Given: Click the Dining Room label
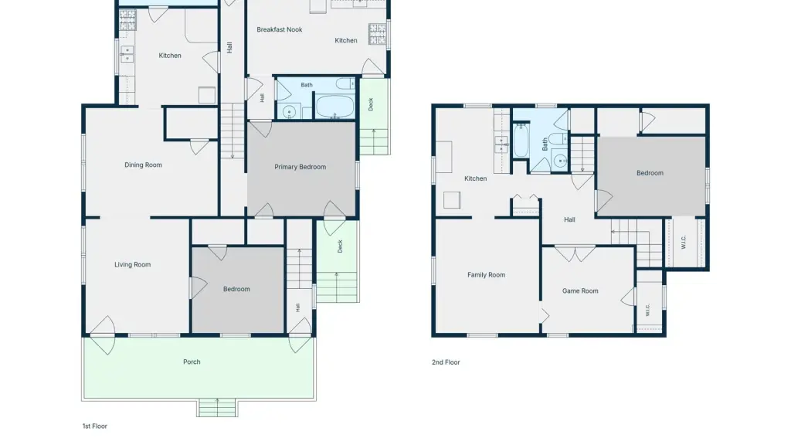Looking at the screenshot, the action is [x=143, y=165].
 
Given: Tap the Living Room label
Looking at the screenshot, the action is [x=132, y=264].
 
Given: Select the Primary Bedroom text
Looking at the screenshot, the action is [x=300, y=167].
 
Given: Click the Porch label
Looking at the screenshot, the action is [x=192, y=362].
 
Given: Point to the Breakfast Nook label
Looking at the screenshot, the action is [x=280, y=30].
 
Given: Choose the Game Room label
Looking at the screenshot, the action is [x=580, y=291].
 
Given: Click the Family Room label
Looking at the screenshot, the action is [x=487, y=275].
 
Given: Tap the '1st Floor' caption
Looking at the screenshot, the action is [x=95, y=426].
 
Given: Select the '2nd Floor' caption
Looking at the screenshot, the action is [x=446, y=362].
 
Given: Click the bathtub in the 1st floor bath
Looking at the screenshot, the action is [x=335, y=107].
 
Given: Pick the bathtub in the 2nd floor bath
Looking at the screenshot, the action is [x=521, y=140].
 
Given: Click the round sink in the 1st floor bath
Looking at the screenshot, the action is [x=289, y=111].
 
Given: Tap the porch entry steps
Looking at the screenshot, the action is [x=217, y=408].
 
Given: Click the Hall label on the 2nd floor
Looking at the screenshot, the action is [x=569, y=220].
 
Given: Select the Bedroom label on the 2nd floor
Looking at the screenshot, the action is [x=650, y=173].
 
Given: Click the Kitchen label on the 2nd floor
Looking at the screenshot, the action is [x=476, y=178].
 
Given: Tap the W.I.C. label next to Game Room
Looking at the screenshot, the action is [x=648, y=310].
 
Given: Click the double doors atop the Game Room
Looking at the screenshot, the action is [x=575, y=253].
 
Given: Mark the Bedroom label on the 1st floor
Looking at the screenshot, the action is [x=236, y=289].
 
